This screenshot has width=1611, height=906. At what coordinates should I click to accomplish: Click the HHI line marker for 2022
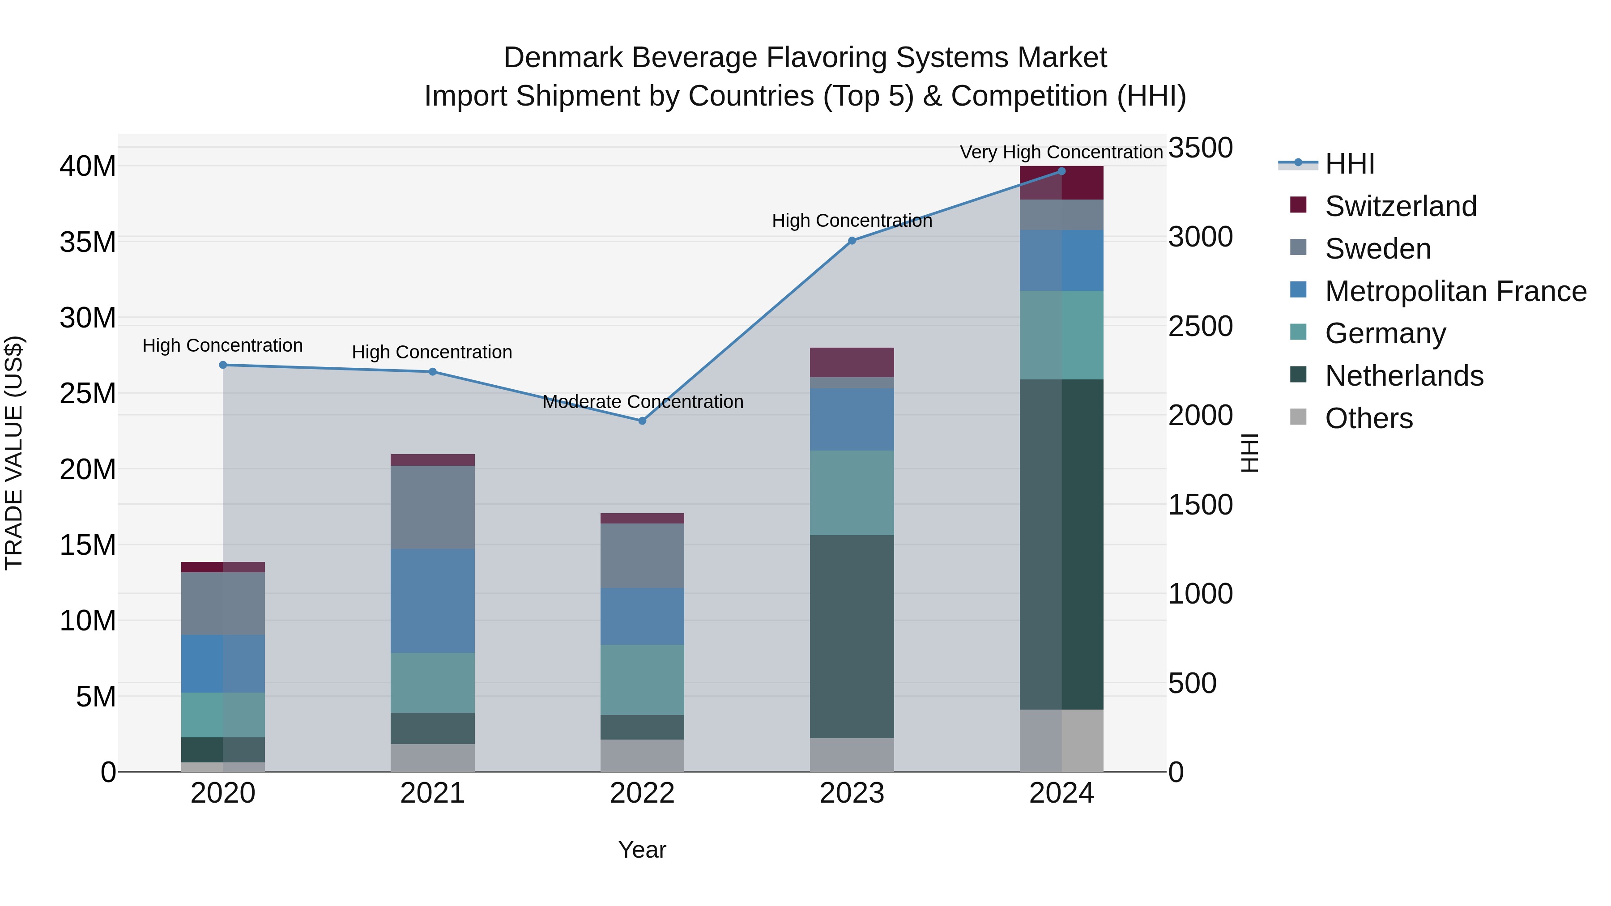tap(642, 421)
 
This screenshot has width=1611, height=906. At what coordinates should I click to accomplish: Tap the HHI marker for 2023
tap(852, 241)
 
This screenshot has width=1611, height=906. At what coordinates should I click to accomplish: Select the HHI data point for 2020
tap(223, 365)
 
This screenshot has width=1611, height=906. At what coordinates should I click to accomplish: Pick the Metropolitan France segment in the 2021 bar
tap(432, 601)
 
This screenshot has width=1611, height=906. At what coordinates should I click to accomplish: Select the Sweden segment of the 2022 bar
tap(642, 555)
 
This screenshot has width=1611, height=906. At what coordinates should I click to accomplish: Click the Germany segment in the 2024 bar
tap(1061, 335)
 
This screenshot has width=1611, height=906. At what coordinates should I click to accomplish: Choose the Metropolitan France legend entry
tap(1455, 291)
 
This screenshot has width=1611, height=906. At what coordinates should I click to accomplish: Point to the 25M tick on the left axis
tap(88, 393)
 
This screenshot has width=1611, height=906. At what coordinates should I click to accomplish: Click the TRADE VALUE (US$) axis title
tap(14, 453)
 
